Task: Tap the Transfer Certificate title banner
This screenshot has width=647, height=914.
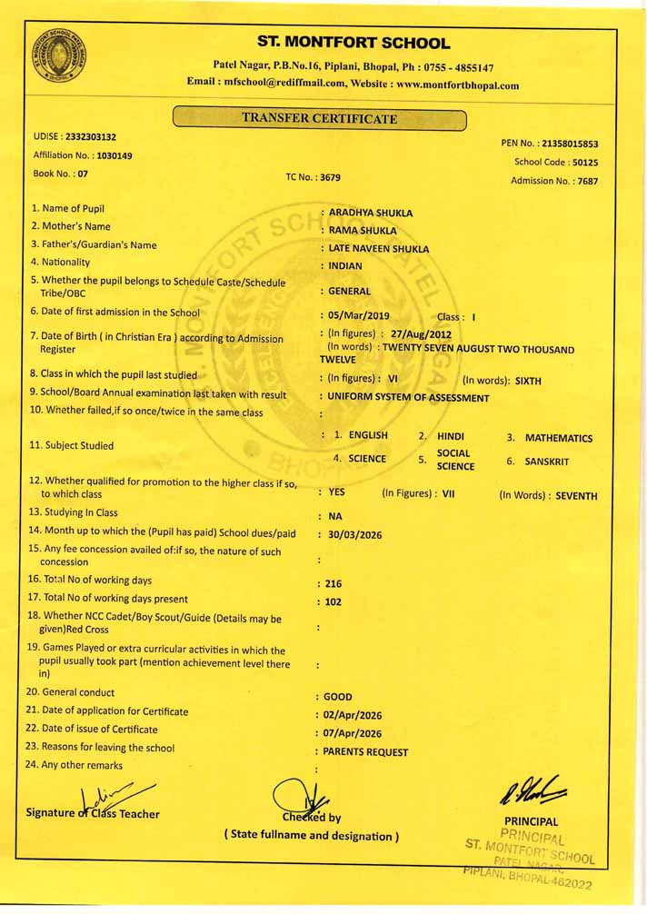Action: (x=319, y=119)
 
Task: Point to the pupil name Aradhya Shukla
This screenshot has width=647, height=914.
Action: (x=370, y=213)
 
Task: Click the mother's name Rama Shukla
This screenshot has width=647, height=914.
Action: (x=363, y=231)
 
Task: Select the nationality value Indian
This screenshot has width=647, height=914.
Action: (x=345, y=266)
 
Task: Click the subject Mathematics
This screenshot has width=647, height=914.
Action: (x=559, y=438)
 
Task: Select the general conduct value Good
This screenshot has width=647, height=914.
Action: (x=337, y=698)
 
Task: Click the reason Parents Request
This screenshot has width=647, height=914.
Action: (x=365, y=752)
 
